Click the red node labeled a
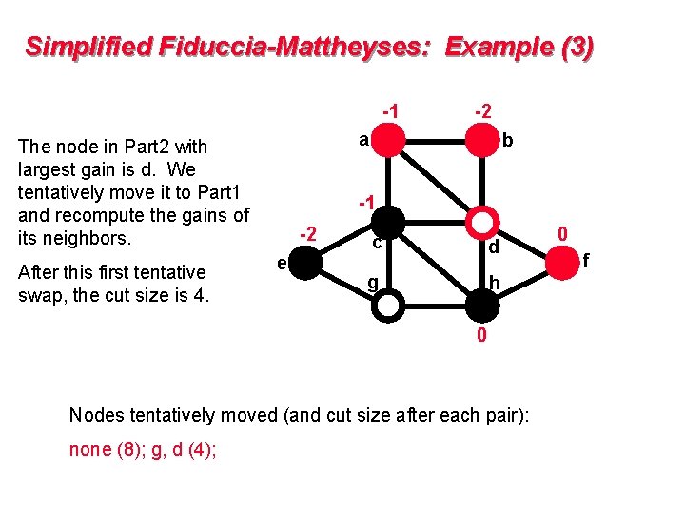click(x=389, y=140)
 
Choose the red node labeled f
click(x=564, y=263)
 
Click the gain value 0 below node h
click(x=482, y=335)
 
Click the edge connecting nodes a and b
click(x=436, y=140)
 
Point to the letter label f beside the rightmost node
click(x=586, y=259)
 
